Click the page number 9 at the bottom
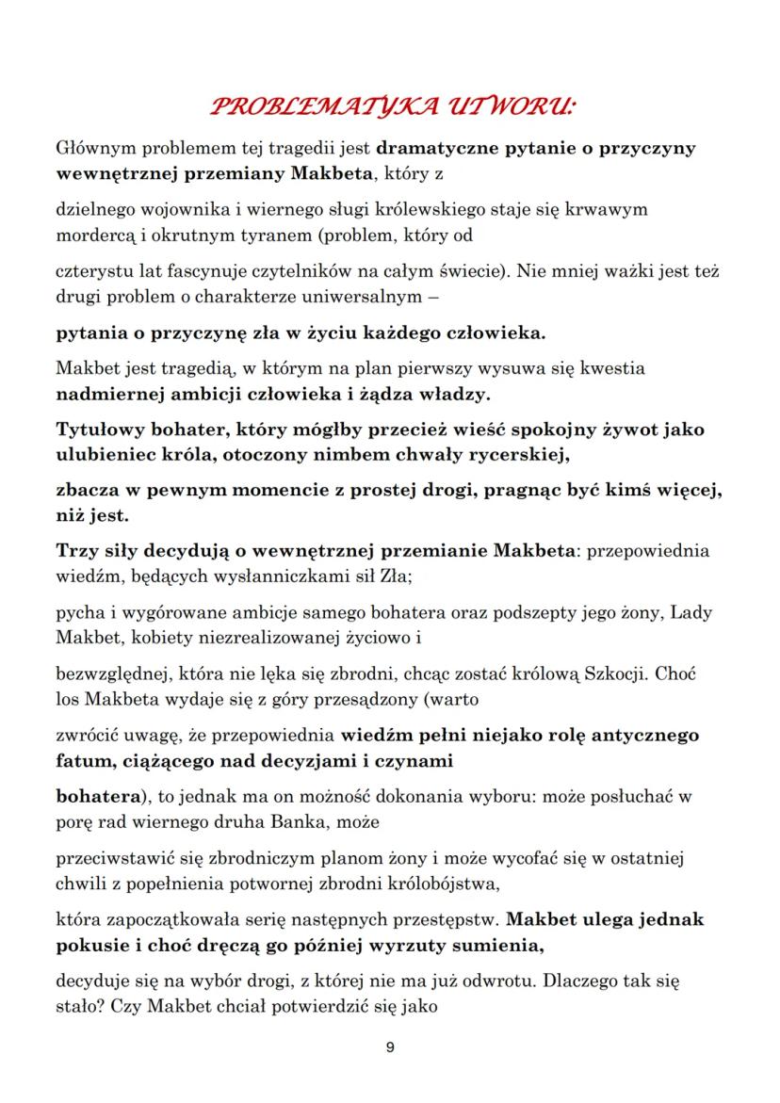390,1047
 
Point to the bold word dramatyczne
437,149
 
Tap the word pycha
79,614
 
